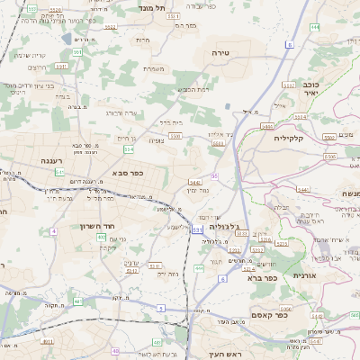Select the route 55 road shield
(214, 176)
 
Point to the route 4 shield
(53, 231)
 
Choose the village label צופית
(157, 140)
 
